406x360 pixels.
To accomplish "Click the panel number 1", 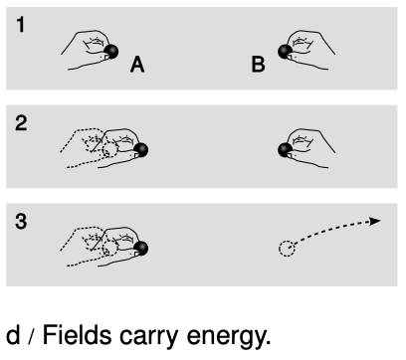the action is coord(21,25).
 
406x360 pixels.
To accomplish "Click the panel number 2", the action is coord(21,123).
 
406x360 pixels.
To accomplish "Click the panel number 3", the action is coord(21,221).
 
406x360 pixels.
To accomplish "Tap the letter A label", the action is coord(137,65).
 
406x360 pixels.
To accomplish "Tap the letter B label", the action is coord(258,65).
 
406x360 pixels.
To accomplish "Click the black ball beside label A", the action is coord(111,52).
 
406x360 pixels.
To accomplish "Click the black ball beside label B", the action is coord(285,52).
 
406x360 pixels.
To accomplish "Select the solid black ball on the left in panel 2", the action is coord(141,150).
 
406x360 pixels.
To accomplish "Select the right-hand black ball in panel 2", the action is coord(285,150).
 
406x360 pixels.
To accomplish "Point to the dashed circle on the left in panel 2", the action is coord(110,150).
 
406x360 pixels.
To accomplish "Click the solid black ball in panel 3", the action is coord(141,249).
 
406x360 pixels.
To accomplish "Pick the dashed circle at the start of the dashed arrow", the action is coord(287,249).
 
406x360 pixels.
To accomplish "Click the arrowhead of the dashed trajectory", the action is coord(375,221).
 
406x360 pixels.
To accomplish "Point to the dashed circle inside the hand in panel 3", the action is coord(110,249).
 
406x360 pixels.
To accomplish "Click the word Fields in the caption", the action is coord(77,335).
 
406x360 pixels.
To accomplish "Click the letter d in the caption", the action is coord(13,335).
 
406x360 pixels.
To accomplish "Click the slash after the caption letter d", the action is coord(31,337).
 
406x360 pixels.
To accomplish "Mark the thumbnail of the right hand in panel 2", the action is coord(290,155).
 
